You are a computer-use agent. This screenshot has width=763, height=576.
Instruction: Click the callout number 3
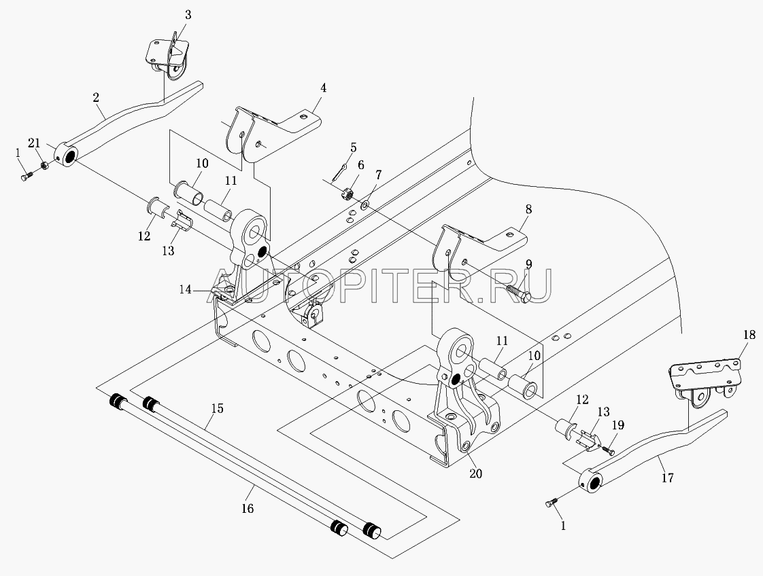click(188, 15)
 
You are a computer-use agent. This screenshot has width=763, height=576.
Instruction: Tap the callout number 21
click(34, 143)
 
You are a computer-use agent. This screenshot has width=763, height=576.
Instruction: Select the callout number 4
click(323, 88)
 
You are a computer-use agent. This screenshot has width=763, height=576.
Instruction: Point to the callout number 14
click(186, 290)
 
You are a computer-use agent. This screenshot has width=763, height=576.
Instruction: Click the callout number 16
click(248, 509)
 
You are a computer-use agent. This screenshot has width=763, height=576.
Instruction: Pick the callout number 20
click(475, 473)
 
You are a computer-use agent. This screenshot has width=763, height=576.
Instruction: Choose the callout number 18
click(749, 335)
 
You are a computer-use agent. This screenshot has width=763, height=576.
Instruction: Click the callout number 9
click(528, 265)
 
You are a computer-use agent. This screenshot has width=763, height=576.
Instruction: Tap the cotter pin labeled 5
click(341, 173)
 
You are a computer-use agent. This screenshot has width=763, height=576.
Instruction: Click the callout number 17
click(668, 478)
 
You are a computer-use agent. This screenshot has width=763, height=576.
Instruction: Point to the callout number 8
click(528, 209)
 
